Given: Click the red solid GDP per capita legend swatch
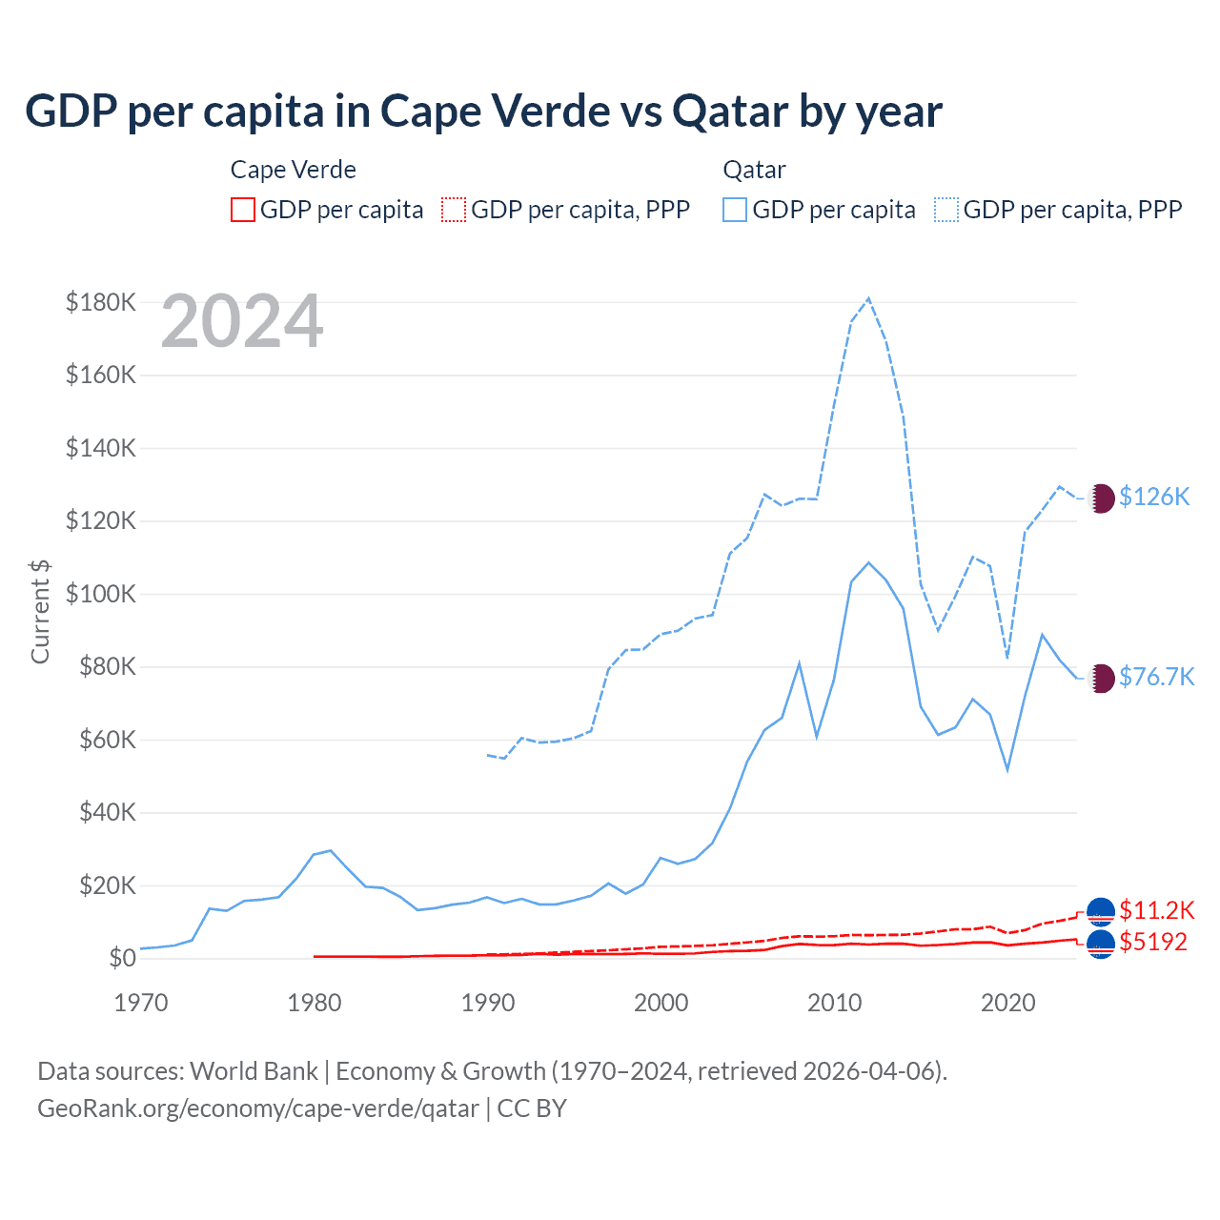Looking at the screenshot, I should [243, 210].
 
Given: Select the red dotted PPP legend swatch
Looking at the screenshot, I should [454, 210].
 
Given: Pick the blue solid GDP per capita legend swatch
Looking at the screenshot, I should [735, 210].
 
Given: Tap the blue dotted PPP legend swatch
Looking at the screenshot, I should [946, 210].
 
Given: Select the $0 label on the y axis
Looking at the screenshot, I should [121, 958].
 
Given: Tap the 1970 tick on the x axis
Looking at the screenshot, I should [141, 1003].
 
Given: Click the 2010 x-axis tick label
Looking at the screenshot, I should [835, 1003].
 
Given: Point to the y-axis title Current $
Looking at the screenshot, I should [40, 611].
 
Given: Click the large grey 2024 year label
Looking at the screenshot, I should [242, 322].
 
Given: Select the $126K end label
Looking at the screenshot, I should [1154, 497].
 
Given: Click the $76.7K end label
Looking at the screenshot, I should [1156, 677].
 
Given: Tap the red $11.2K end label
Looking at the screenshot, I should [1156, 910].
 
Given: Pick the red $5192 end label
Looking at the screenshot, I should [1153, 942].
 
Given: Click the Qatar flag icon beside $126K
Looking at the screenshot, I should [1101, 498].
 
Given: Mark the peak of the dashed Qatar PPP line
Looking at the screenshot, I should [868, 298].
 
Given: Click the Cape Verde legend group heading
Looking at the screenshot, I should [294, 170].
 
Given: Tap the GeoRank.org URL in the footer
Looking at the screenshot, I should [258, 1108].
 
